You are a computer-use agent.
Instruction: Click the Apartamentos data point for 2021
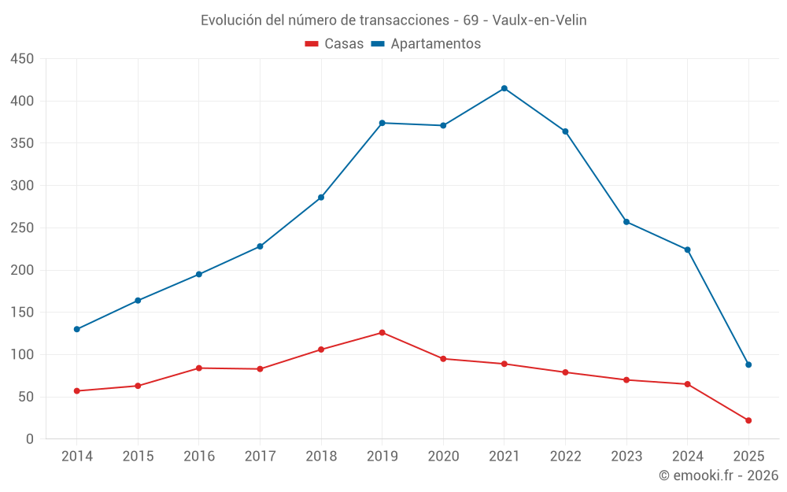pyautogui.click(x=504, y=88)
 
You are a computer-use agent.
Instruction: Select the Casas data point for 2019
pyautogui.click(x=382, y=332)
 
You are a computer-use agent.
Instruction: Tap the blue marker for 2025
pyautogui.click(x=748, y=364)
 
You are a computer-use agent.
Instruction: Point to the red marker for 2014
pyautogui.click(x=77, y=390)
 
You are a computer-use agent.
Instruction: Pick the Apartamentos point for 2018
pyautogui.click(x=321, y=198)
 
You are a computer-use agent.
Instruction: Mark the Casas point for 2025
pyautogui.click(x=748, y=420)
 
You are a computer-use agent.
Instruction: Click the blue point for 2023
pyautogui.click(x=626, y=222)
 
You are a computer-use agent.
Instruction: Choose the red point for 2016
pyautogui.click(x=199, y=368)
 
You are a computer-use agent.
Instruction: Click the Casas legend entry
pyautogui.click(x=334, y=44)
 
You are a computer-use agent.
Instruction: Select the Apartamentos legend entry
pyautogui.click(x=426, y=44)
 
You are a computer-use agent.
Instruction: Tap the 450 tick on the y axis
pyautogui.click(x=22, y=59)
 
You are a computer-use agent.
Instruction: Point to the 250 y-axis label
pyautogui.click(x=22, y=228)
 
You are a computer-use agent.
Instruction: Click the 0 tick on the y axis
pyautogui.click(x=30, y=439)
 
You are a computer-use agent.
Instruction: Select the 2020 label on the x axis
pyautogui.click(x=443, y=457)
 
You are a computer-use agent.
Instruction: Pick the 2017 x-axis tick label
pyautogui.click(x=260, y=457)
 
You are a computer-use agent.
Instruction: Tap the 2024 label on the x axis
pyautogui.click(x=687, y=457)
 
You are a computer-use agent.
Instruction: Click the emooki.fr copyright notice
pyautogui.click(x=719, y=475)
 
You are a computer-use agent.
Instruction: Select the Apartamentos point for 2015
pyautogui.click(x=138, y=301)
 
